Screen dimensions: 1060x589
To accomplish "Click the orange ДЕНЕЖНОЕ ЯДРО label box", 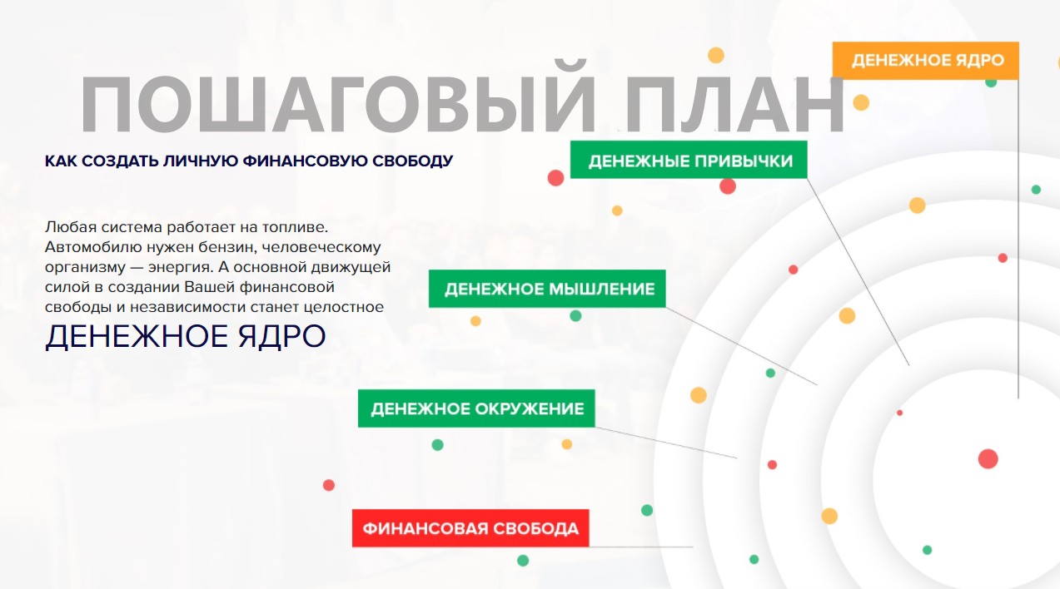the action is click(926, 61).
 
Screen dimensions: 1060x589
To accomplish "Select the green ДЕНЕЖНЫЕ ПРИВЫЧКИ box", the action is click(689, 160).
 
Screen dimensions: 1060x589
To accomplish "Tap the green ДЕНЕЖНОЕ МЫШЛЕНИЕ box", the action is click(547, 289).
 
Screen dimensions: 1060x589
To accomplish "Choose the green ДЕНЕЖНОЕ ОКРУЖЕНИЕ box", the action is click(476, 408).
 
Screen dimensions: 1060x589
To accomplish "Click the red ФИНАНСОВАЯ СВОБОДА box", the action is click(470, 528).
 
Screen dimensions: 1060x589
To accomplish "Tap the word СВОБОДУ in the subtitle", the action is click(412, 161).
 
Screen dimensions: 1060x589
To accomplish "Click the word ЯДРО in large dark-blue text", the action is click(282, 337).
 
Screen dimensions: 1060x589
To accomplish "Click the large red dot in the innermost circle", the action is click(988, 459).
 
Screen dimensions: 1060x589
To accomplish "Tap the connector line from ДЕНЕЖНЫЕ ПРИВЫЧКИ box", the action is click(858, 272).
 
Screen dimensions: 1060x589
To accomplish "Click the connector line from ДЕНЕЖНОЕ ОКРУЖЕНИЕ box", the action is click(666, 443).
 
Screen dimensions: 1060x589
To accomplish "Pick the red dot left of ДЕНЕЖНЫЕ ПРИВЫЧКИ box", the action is click(555, 178).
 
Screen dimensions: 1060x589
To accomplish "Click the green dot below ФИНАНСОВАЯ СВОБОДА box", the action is click(523, 561).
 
